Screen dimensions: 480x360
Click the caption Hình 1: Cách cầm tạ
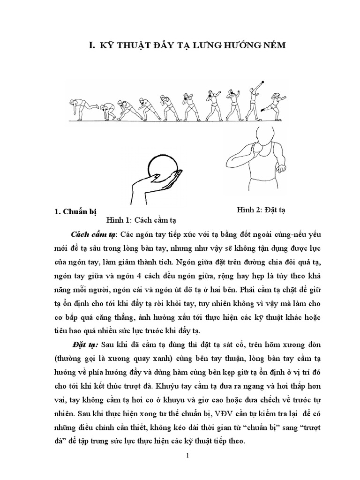pyautogui.click(x=143, y=219)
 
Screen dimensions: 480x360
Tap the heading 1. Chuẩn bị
pyautogui.click(x=77, y=212)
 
